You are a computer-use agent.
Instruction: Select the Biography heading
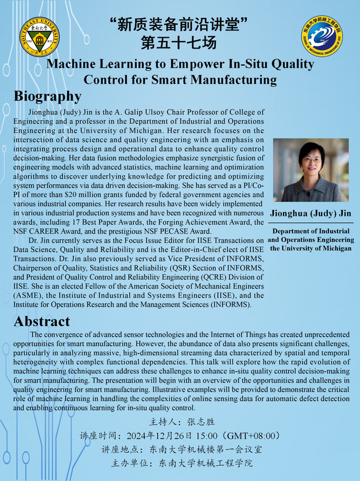48,96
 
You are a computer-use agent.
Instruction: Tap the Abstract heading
42,322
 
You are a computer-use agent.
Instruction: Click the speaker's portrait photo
311,170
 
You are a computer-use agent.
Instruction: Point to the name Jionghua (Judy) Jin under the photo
311,213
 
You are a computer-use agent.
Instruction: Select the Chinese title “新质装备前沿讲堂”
179,25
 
